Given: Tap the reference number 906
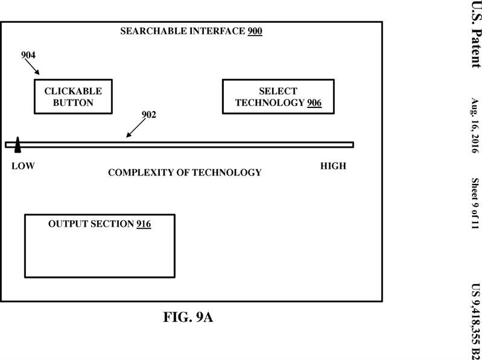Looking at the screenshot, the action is click(314, 103).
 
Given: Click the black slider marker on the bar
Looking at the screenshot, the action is click(17, 145).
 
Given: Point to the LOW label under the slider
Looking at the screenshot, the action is click(23, 166).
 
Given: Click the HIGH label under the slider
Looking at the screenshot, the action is click(333, 166).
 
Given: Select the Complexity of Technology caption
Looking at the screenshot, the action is click(185, 172).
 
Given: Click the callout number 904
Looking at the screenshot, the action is click(28, 55).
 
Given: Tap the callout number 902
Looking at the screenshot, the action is click(149, 115).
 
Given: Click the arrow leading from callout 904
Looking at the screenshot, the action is click(32, 67).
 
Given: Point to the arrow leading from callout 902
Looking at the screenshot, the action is click(136, 128).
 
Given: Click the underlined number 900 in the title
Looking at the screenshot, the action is click(255, 31).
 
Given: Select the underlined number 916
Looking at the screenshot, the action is click(144, 224).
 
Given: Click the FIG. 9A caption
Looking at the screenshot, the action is click(188, 317).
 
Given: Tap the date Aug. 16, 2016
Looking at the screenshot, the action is click(475, 125).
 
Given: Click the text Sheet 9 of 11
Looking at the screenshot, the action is click(475, 203).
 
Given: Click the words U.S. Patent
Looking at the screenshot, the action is click(476, 34).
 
